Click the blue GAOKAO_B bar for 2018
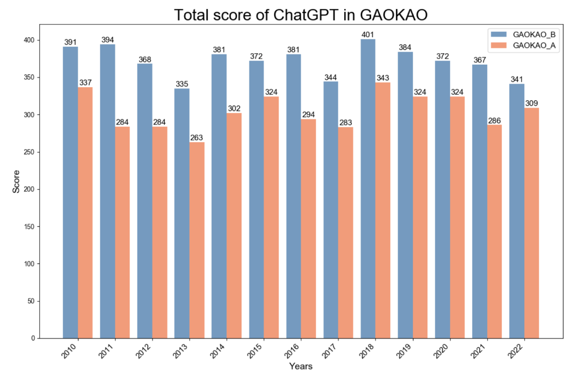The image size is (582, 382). click(x=368, y=189)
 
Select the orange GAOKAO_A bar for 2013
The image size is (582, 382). click(x=197, y=240)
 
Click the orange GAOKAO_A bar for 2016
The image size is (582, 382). click(x=308, y=228)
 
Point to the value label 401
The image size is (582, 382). click(x=368, y=35)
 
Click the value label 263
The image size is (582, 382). click(x=197, y=138)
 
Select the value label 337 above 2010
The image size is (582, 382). click(x=85, y=83)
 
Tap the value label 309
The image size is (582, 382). click(x=531, y=103)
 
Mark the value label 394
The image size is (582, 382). click(x=108, y=40)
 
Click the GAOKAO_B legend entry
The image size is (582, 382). click(x=533, y=34)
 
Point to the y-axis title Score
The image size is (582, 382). click(x=16, y=182)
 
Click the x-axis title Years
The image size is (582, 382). click(x=300, y=367)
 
